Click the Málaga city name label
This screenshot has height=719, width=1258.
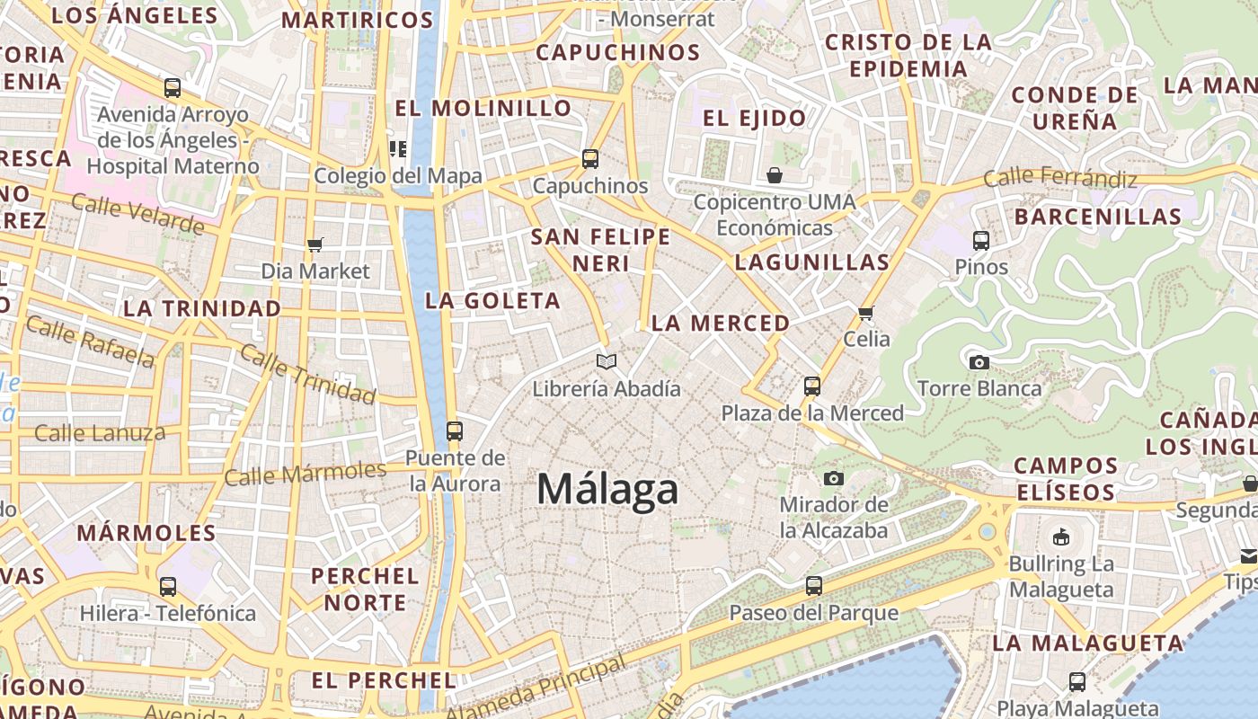coord(607,490)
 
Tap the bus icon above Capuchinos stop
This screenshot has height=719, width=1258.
coord(590,158)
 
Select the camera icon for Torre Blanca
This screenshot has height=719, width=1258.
coord(979,362)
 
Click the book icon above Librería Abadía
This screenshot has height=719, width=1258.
coord(607,361)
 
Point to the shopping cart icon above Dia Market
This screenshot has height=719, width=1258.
coord(314,244)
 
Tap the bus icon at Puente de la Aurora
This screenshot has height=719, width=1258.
coord(454,431)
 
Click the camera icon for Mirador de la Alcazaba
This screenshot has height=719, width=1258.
coord(834,478)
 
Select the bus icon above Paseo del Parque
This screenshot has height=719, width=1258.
coord(813,586)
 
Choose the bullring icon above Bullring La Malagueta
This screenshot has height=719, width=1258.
coord(1061,537)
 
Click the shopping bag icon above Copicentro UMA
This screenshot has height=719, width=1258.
coord(775,175)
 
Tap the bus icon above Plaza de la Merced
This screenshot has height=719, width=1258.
coord(812,386)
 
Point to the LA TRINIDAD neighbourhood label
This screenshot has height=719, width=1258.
coord(202,308)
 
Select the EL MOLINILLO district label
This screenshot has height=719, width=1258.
coord(483,109)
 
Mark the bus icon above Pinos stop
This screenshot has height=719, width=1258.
coord(981,241)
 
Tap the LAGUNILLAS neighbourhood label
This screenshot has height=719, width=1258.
coord(811,262)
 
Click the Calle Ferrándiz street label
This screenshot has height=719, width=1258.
coord(1060,178)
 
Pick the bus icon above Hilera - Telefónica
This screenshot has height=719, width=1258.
coord(168,587)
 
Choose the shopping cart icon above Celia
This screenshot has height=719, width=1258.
coord(866,313)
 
